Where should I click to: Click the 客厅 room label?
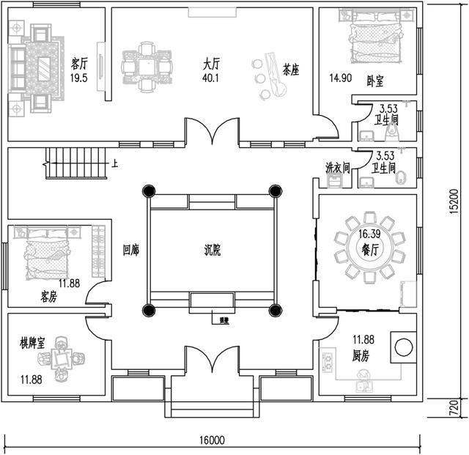80,62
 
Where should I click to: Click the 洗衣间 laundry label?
337,168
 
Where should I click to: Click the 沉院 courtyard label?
213,249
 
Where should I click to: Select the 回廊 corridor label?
131,249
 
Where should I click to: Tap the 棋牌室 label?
32,343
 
